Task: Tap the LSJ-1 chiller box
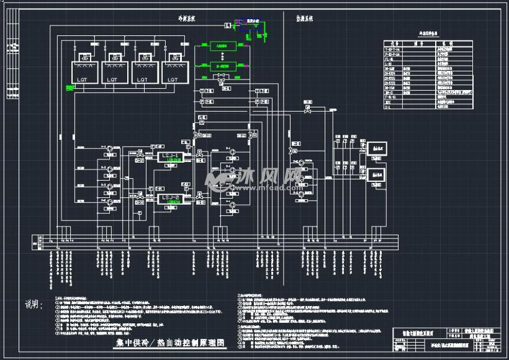(169, 156)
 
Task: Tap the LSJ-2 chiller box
(169, 199)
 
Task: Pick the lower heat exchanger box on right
(377, 175)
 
